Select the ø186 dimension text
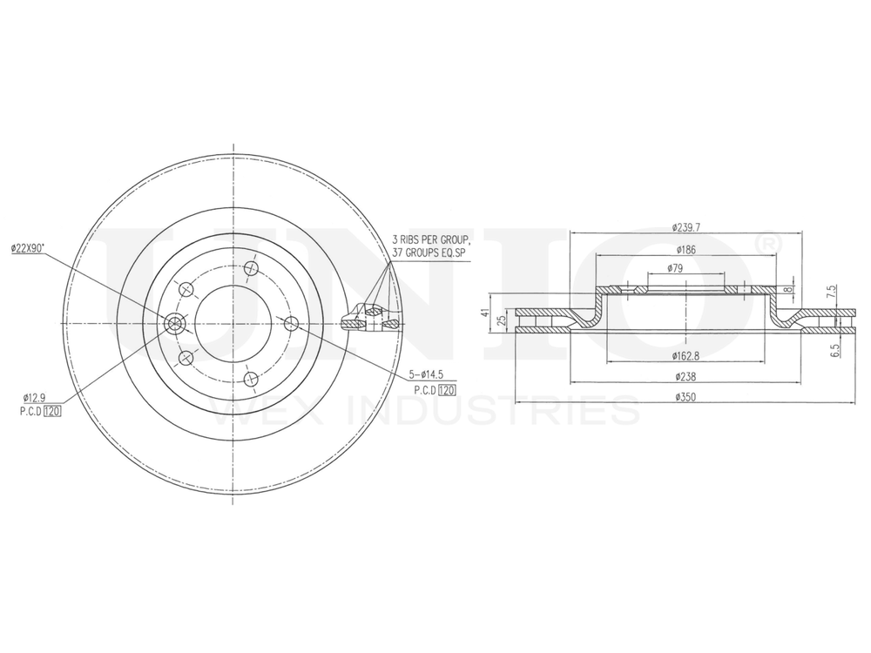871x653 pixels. click(686, 249)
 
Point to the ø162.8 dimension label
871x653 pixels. click(686, 356)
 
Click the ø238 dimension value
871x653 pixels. click(686, 377)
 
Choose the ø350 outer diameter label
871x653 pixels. click(686, 397)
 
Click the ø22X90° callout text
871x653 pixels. click(30, 249)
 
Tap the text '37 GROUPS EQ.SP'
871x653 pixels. click(430, 251)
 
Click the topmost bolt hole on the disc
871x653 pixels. click(252, 267)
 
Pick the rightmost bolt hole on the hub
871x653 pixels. click(292, 323)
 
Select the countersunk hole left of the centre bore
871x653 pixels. click(175, 324)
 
